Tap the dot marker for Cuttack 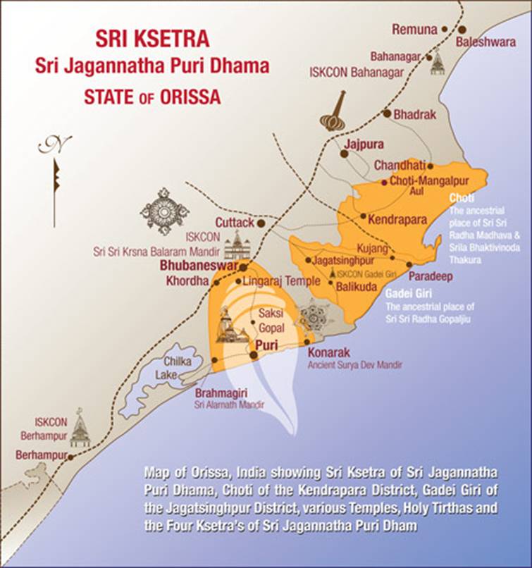tap(261, 223)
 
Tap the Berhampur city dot tap(70, 457)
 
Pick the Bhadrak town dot tap(387, 113)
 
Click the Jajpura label tap(363, 144)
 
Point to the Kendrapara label tap(399, 219)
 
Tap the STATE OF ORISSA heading tap(152, 97)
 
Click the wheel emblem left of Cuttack tap(164, 211)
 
